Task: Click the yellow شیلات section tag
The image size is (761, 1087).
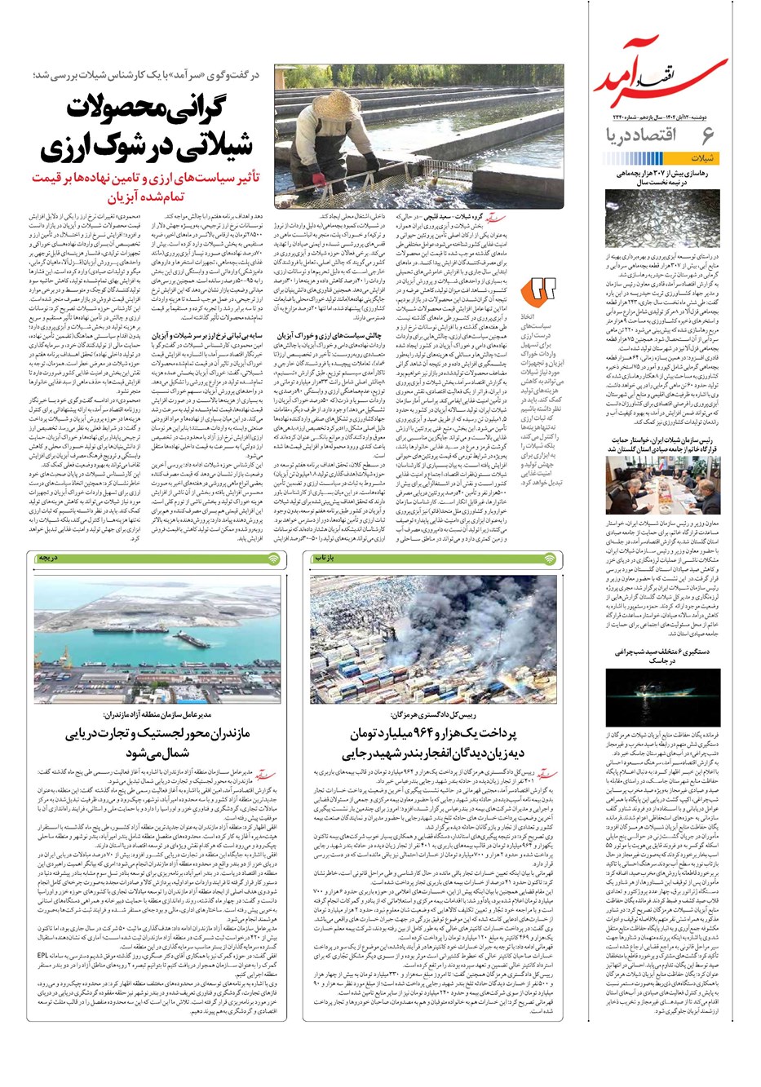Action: [x=706, y=157]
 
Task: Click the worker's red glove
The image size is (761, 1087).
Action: [x=317, y=177]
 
